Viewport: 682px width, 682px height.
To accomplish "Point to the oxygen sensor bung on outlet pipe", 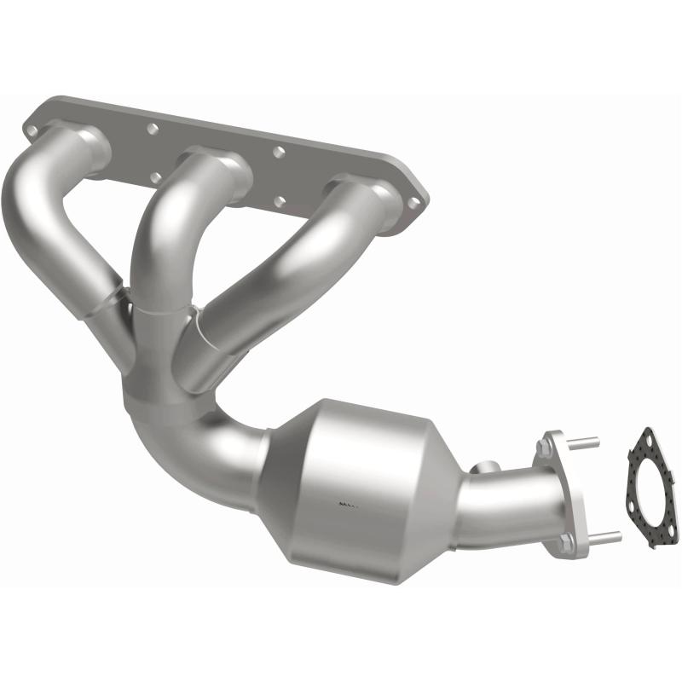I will (488, 467).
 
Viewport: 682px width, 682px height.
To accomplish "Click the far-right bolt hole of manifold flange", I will (415, 202).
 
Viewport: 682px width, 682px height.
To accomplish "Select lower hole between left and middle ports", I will (155, 177).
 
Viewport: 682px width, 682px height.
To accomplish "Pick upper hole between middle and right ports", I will (278, 152).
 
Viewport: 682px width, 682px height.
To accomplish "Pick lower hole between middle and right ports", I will (278, 202).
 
